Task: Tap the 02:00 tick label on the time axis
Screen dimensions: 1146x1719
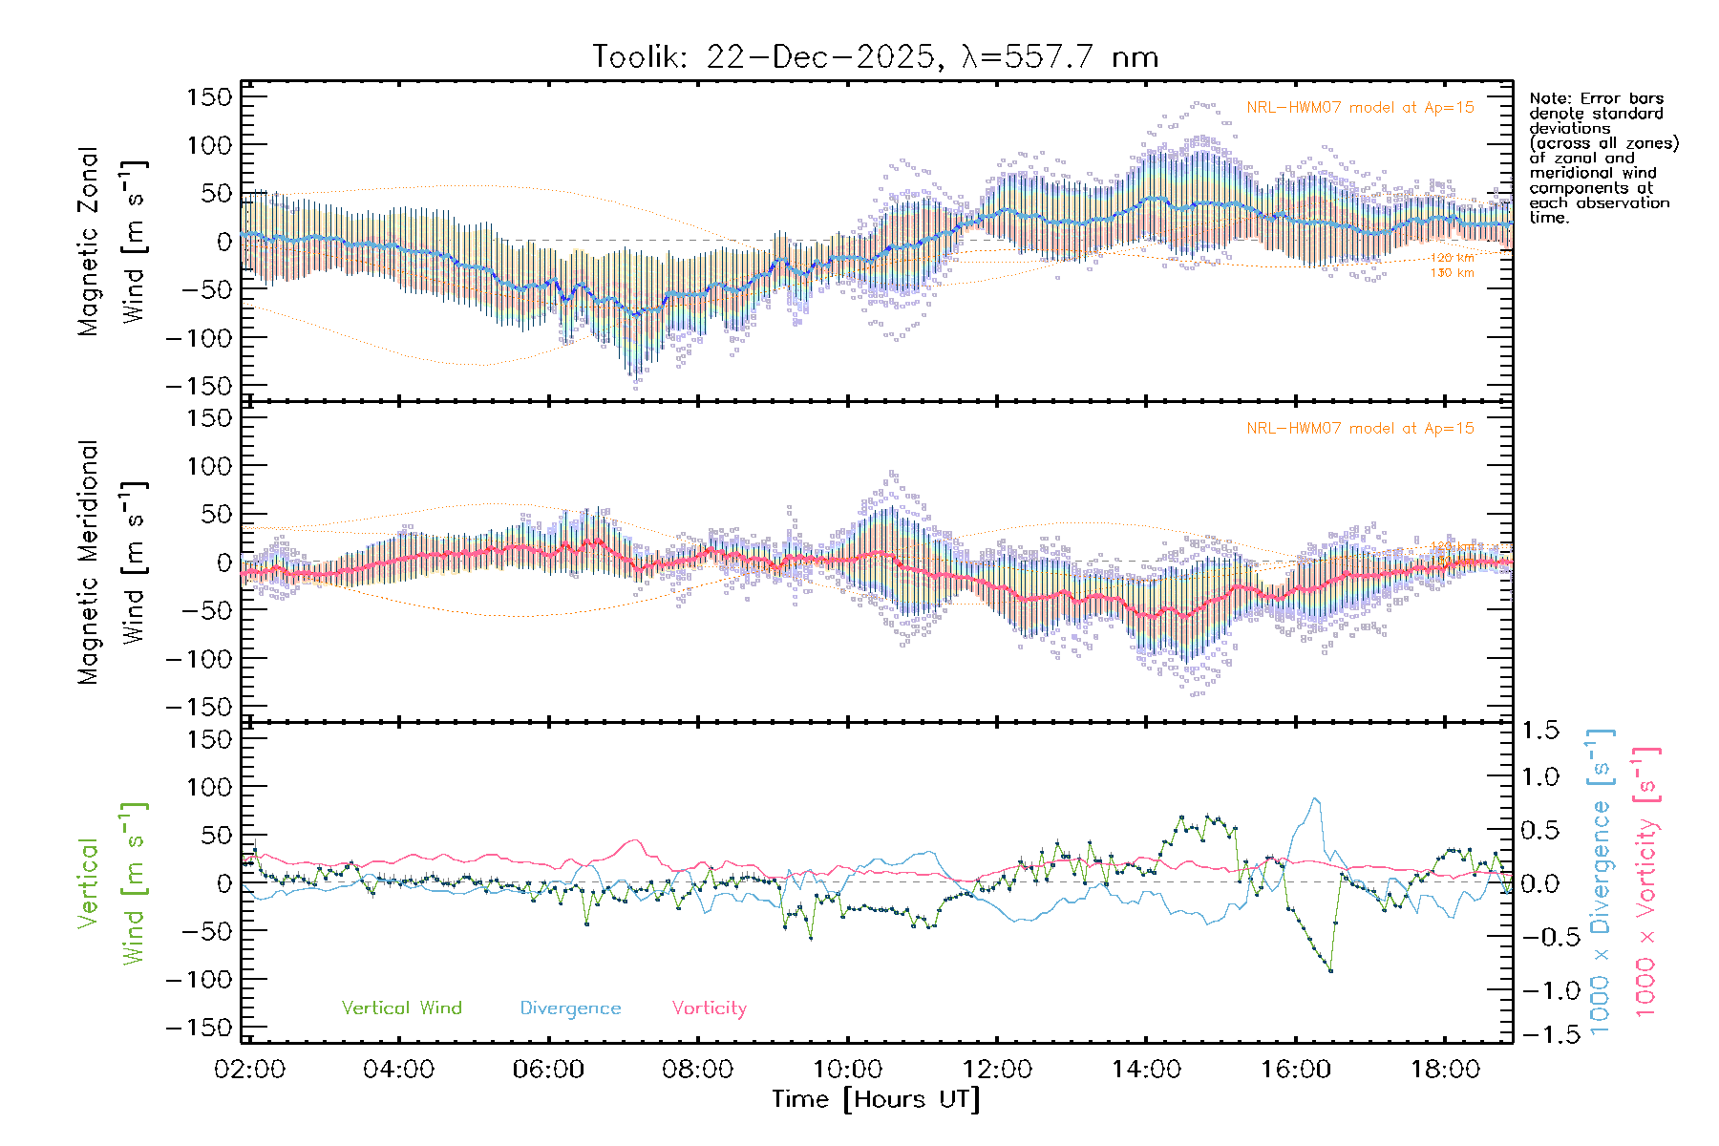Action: [x=249, y=1070]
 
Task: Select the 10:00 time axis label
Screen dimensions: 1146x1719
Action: [x=847, y=1070]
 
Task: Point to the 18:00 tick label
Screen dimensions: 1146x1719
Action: [x=1445, y=1070]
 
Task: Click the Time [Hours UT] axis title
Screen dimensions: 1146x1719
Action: [x=876, y=1099]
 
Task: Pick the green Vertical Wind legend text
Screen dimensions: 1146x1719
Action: [x=401, y=1008]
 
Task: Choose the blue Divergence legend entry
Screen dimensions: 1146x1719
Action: [x=570, y=1008]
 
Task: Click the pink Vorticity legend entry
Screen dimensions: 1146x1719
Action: [x=709, y=1008]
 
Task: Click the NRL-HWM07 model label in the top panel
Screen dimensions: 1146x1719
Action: [x=1360, y=108]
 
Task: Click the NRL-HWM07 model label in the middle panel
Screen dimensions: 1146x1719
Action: [x=1360, y=429]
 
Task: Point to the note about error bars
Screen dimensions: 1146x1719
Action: [x=1602, y=158]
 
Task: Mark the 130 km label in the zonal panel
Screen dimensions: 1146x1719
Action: [x=1452, y=273]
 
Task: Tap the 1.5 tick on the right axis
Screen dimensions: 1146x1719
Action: [x=1540, y=731]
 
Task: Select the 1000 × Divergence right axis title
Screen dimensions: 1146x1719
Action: [x=1600, y=881]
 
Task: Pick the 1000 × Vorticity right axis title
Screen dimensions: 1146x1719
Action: [x=1645, y=881]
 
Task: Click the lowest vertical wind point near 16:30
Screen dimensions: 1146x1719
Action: [x=1330, y=971]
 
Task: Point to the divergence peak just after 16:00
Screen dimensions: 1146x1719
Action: [x=1316, y=798]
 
